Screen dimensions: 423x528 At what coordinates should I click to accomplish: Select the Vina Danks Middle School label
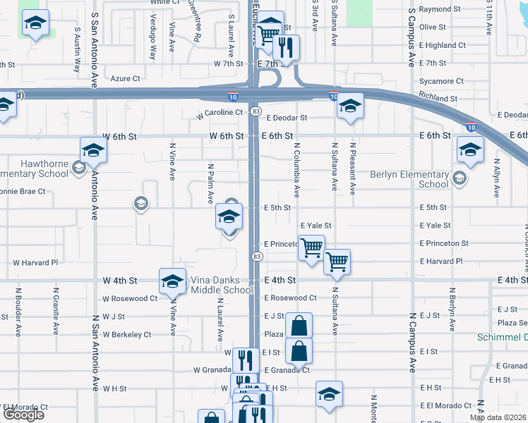point(222,285)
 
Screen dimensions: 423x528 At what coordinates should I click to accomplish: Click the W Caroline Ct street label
point(220,112)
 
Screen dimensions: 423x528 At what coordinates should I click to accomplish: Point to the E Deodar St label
point(287,118)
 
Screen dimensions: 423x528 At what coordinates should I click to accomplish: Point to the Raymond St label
point(440,9)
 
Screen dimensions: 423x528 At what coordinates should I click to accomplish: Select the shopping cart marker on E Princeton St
point(311,248)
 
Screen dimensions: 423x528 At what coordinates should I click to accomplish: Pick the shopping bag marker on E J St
point(299,326)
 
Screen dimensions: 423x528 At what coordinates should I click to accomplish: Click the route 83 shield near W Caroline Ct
point(256,111)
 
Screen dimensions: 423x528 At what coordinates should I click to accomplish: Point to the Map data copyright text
point(498,417)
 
